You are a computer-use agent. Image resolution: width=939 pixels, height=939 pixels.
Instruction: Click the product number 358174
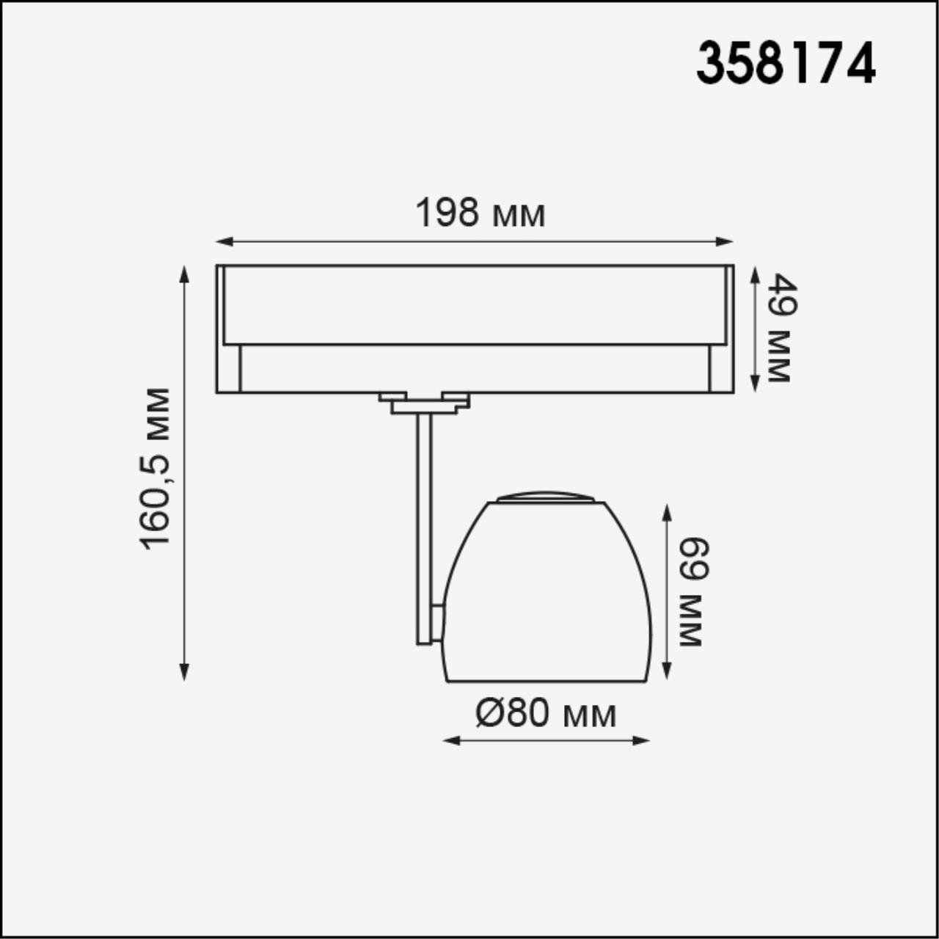pos(786,63)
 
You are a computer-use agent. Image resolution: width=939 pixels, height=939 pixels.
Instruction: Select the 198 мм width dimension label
pos(481,213)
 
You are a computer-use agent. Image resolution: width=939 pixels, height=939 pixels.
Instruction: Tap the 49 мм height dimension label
pos(779,328)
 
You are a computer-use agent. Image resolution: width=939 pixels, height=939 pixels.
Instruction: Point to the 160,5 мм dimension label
pos(156,468)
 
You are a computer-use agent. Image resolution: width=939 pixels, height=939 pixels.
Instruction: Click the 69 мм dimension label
pos(691,592)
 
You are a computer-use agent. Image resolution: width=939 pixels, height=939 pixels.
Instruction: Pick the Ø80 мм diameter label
pos(546,713)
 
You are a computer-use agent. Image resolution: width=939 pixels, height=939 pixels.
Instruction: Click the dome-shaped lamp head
pos(547,594)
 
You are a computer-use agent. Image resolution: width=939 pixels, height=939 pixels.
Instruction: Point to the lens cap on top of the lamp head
pos(545,497)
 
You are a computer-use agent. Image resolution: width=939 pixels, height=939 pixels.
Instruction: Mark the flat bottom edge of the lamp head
pos(547,681)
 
